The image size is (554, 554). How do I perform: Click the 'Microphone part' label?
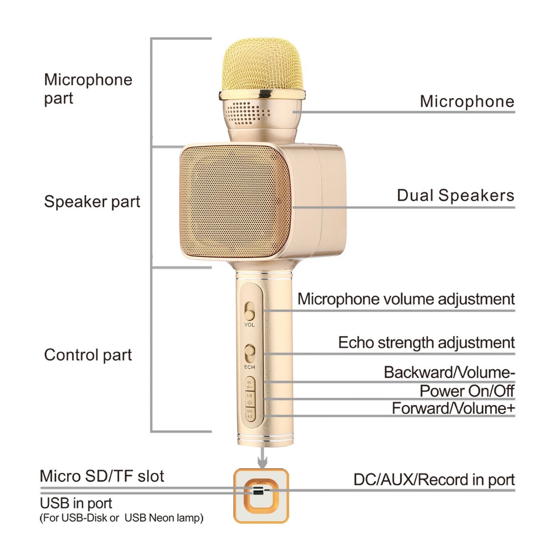[88, 89]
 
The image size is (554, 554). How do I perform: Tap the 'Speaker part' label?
[92, 202]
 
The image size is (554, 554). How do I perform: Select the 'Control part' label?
[88, 355]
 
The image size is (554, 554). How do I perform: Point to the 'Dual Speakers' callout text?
[455, 195]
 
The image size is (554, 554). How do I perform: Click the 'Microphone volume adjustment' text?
[406, 299]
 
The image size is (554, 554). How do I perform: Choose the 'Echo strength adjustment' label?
[426, 342]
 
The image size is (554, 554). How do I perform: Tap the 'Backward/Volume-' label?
[449, 372]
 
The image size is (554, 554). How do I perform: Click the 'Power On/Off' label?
[467, 391]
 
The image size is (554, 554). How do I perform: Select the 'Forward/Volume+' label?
[453, 408]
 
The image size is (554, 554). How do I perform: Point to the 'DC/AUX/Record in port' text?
[434, 480]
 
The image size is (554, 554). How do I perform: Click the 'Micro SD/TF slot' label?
[102, 476]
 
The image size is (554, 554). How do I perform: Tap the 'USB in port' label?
[76, 503]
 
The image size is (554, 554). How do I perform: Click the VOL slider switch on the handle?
[250, 311]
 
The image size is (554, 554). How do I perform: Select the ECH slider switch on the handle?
[250, 353]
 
